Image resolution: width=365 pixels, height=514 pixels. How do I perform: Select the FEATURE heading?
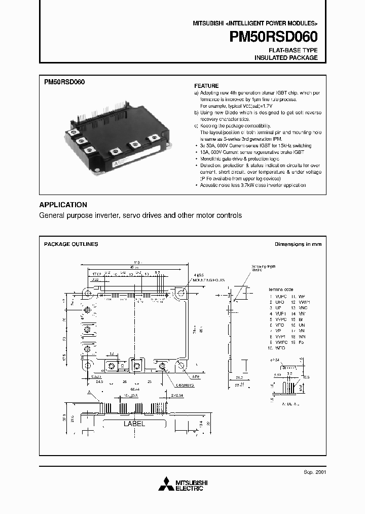pyautogui.click(x=207, y=86)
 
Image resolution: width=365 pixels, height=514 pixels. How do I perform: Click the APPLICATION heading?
pyautogui.click(x=63, y=205)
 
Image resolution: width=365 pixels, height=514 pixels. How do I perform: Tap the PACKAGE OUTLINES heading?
pyautogui.click(x=71, y=244)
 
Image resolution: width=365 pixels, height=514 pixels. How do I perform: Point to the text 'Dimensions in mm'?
pyautogui.click(x=298, y=244)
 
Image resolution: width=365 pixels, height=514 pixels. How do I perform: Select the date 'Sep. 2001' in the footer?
pyautogui.click(x=314, y=471)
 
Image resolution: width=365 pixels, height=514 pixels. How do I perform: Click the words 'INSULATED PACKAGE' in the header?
pyautogui.click(x=286, y=58)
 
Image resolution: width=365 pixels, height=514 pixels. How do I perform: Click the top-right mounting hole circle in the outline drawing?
pyautogui.click(x=180, y=293)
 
